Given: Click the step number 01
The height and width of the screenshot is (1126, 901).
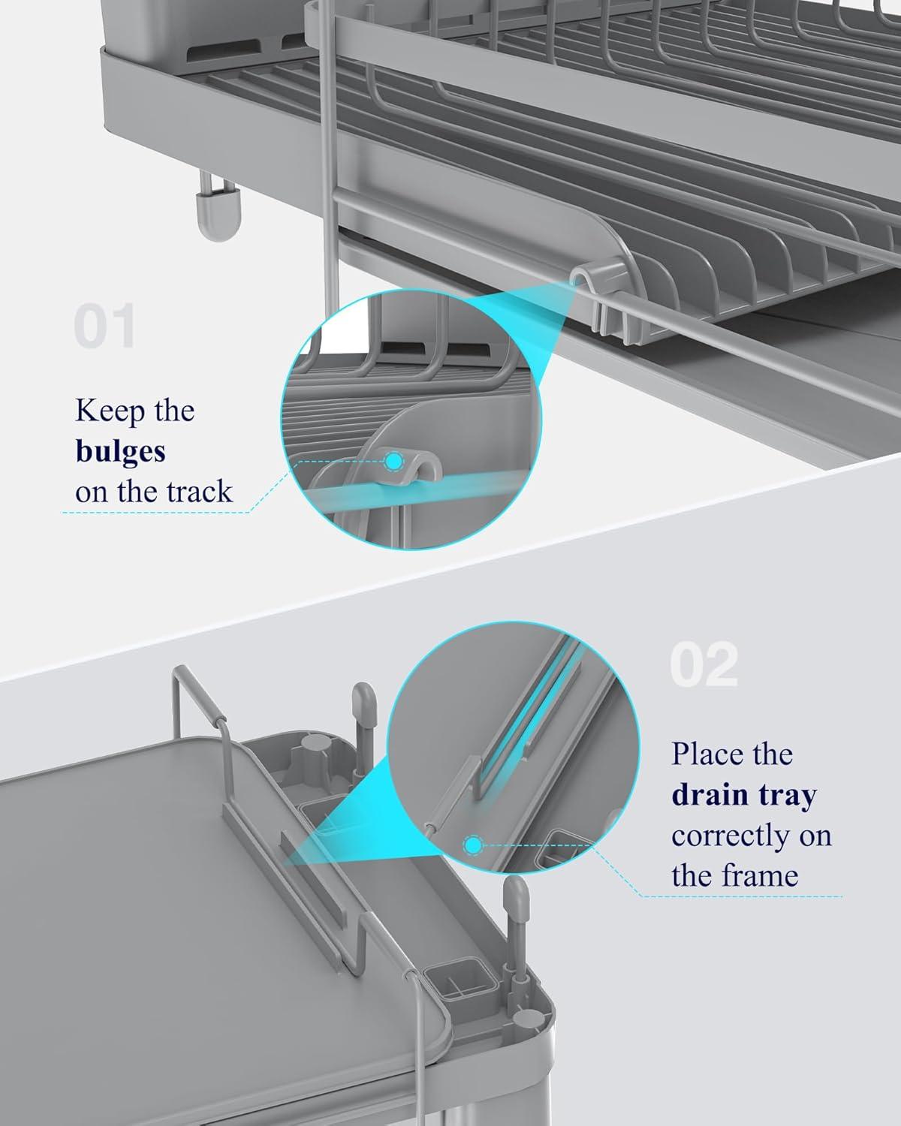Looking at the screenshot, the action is pyautogui.click(x=104, y=326).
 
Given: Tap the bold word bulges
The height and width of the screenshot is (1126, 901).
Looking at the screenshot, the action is pyautogui.click(x=120, y=451).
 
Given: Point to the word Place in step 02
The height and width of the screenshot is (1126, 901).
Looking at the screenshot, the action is pyautogui.click(x=712, y=754).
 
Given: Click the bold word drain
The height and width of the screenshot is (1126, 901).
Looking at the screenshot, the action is pyautogui.click(x=710, y=794).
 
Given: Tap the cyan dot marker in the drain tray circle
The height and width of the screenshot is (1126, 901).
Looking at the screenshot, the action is pyautogui.click(x=473, y=845).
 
